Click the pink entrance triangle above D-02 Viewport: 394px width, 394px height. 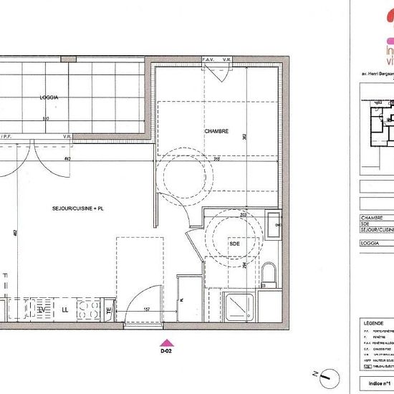165,343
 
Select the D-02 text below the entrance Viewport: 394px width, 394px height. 165,352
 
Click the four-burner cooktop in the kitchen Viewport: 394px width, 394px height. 89,309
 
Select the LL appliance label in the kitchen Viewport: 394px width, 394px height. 65,309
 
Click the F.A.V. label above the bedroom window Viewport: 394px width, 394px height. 209,59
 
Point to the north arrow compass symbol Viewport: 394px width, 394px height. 325,373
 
